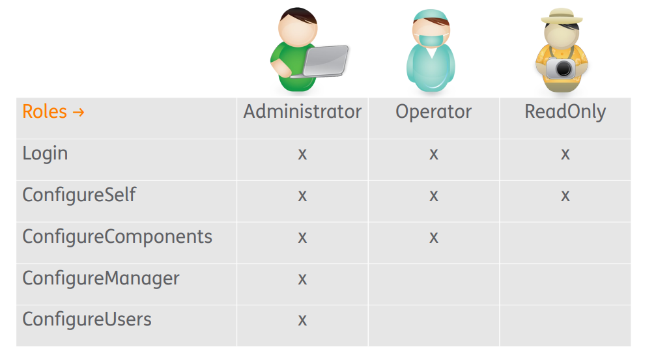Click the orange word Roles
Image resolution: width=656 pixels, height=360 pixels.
point(44,111)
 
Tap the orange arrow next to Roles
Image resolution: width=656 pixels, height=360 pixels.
point(78,112)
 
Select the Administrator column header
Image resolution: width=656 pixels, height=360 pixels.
point(302,111)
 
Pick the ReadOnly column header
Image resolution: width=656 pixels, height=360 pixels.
point(565,112)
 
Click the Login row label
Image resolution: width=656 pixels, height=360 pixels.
point(45,154)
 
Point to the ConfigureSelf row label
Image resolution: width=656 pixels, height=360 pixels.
point(79,195)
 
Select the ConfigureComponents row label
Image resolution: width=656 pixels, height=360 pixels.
point(117,237)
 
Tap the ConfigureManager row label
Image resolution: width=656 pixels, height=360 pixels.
point(101,279)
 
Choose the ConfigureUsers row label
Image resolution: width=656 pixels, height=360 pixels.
point(87,320)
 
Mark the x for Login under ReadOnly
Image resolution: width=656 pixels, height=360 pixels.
point(565,154)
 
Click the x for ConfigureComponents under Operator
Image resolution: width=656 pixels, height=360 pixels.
point(434,238)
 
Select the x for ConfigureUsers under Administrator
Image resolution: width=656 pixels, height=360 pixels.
point(302,320)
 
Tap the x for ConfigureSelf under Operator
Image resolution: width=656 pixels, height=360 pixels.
point(434,196)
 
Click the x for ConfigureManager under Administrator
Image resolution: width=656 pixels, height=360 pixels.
point(302,279)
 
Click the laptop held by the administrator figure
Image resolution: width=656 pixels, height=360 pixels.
point(322,62)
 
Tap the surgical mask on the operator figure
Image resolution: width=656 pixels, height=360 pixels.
point(431,40)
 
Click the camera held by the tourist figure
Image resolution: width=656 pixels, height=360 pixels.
point(561,69)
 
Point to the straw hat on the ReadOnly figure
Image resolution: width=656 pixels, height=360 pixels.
point(562,16)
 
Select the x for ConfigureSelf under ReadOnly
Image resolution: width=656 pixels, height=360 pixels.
point(565,196)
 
